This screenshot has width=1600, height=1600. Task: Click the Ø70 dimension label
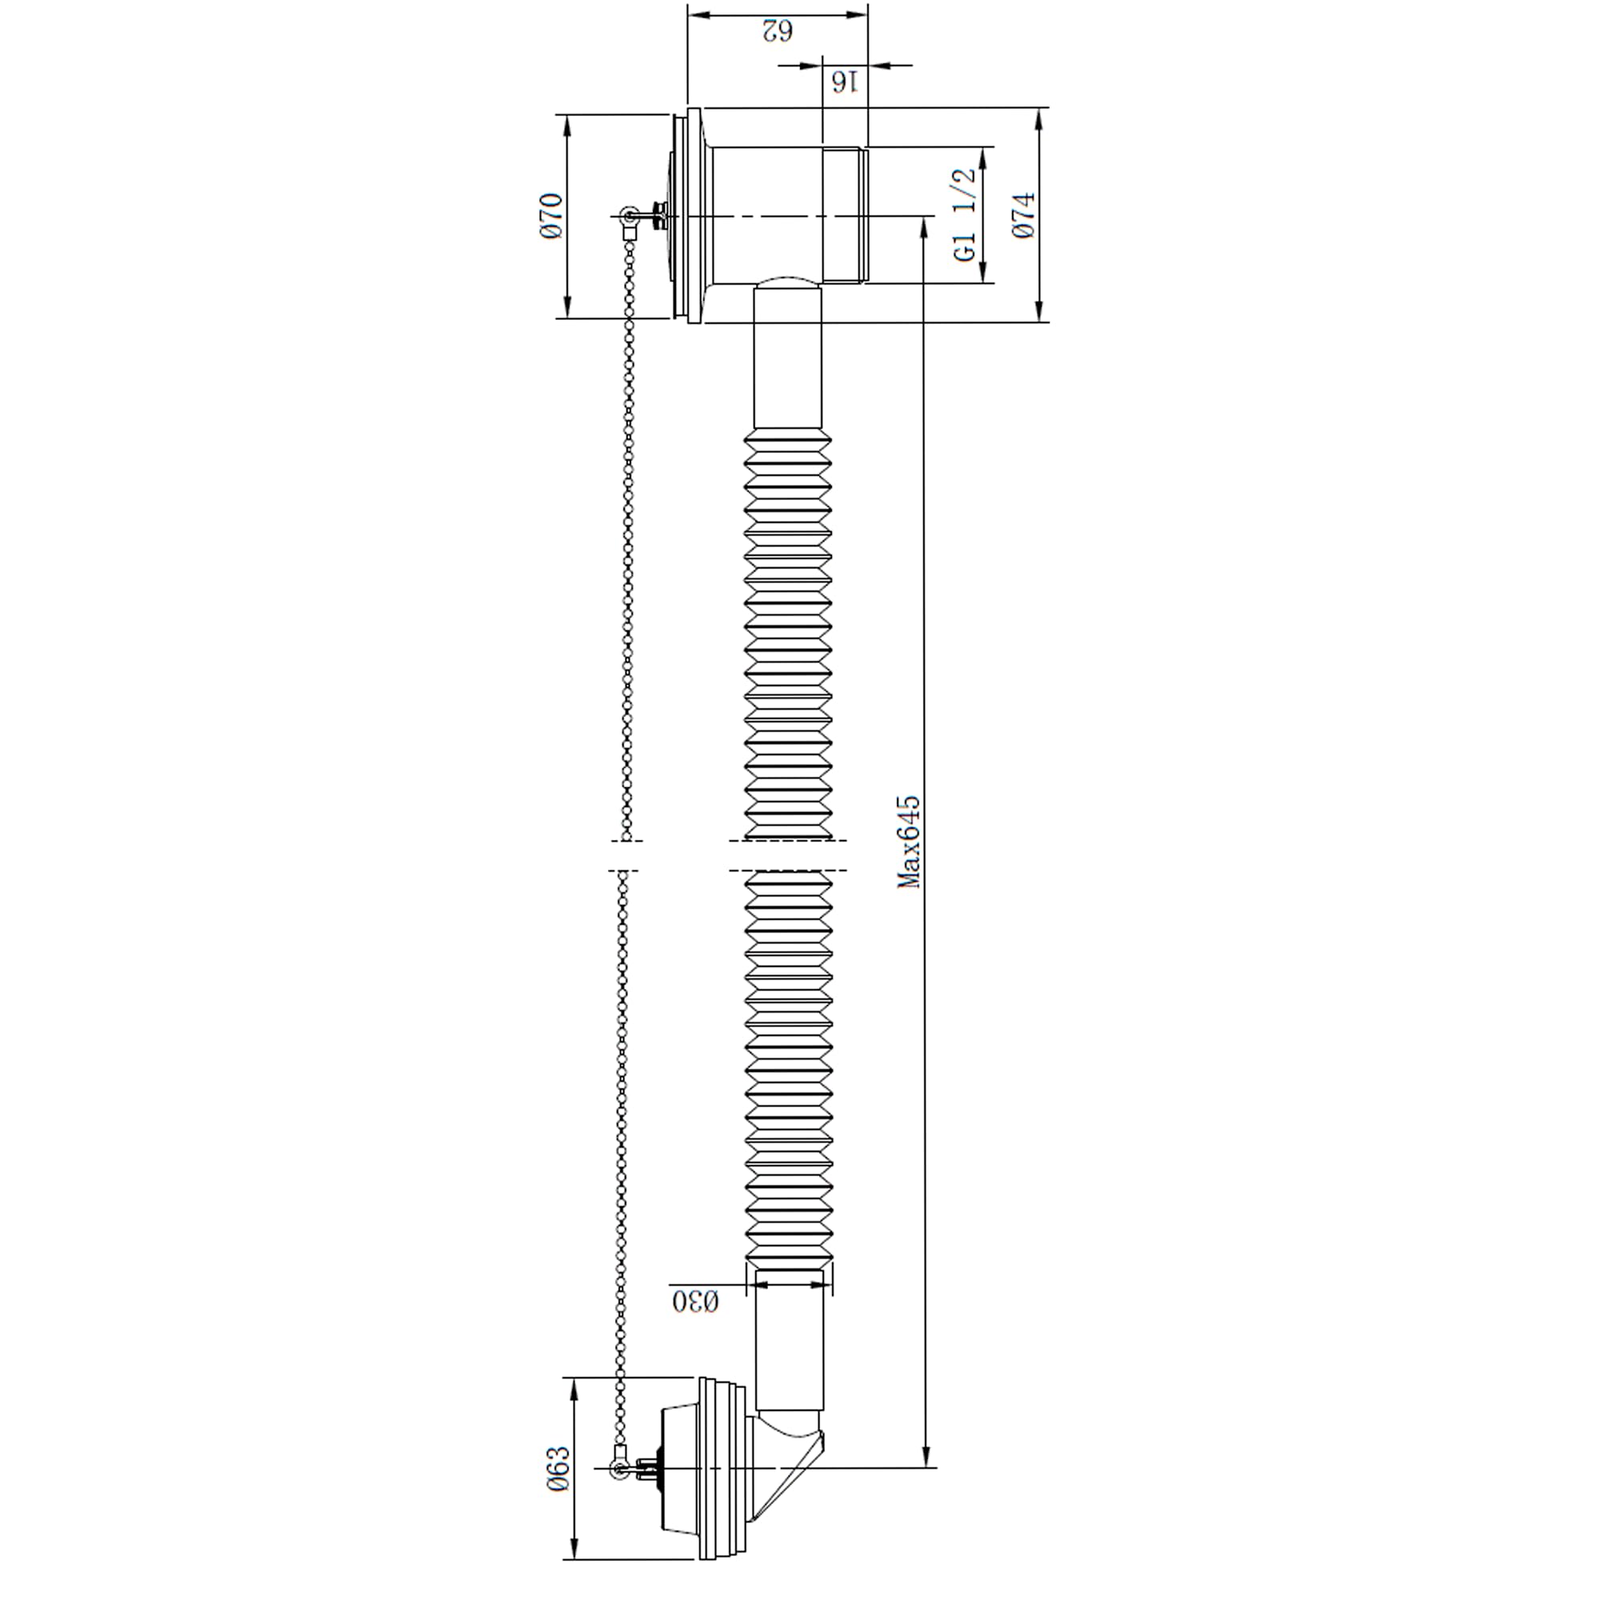552,215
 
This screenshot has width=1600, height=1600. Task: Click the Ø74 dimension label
1025,215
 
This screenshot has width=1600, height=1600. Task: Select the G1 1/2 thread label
966,215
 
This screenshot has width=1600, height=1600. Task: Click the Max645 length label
910,842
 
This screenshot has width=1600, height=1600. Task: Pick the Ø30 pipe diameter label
696,1301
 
